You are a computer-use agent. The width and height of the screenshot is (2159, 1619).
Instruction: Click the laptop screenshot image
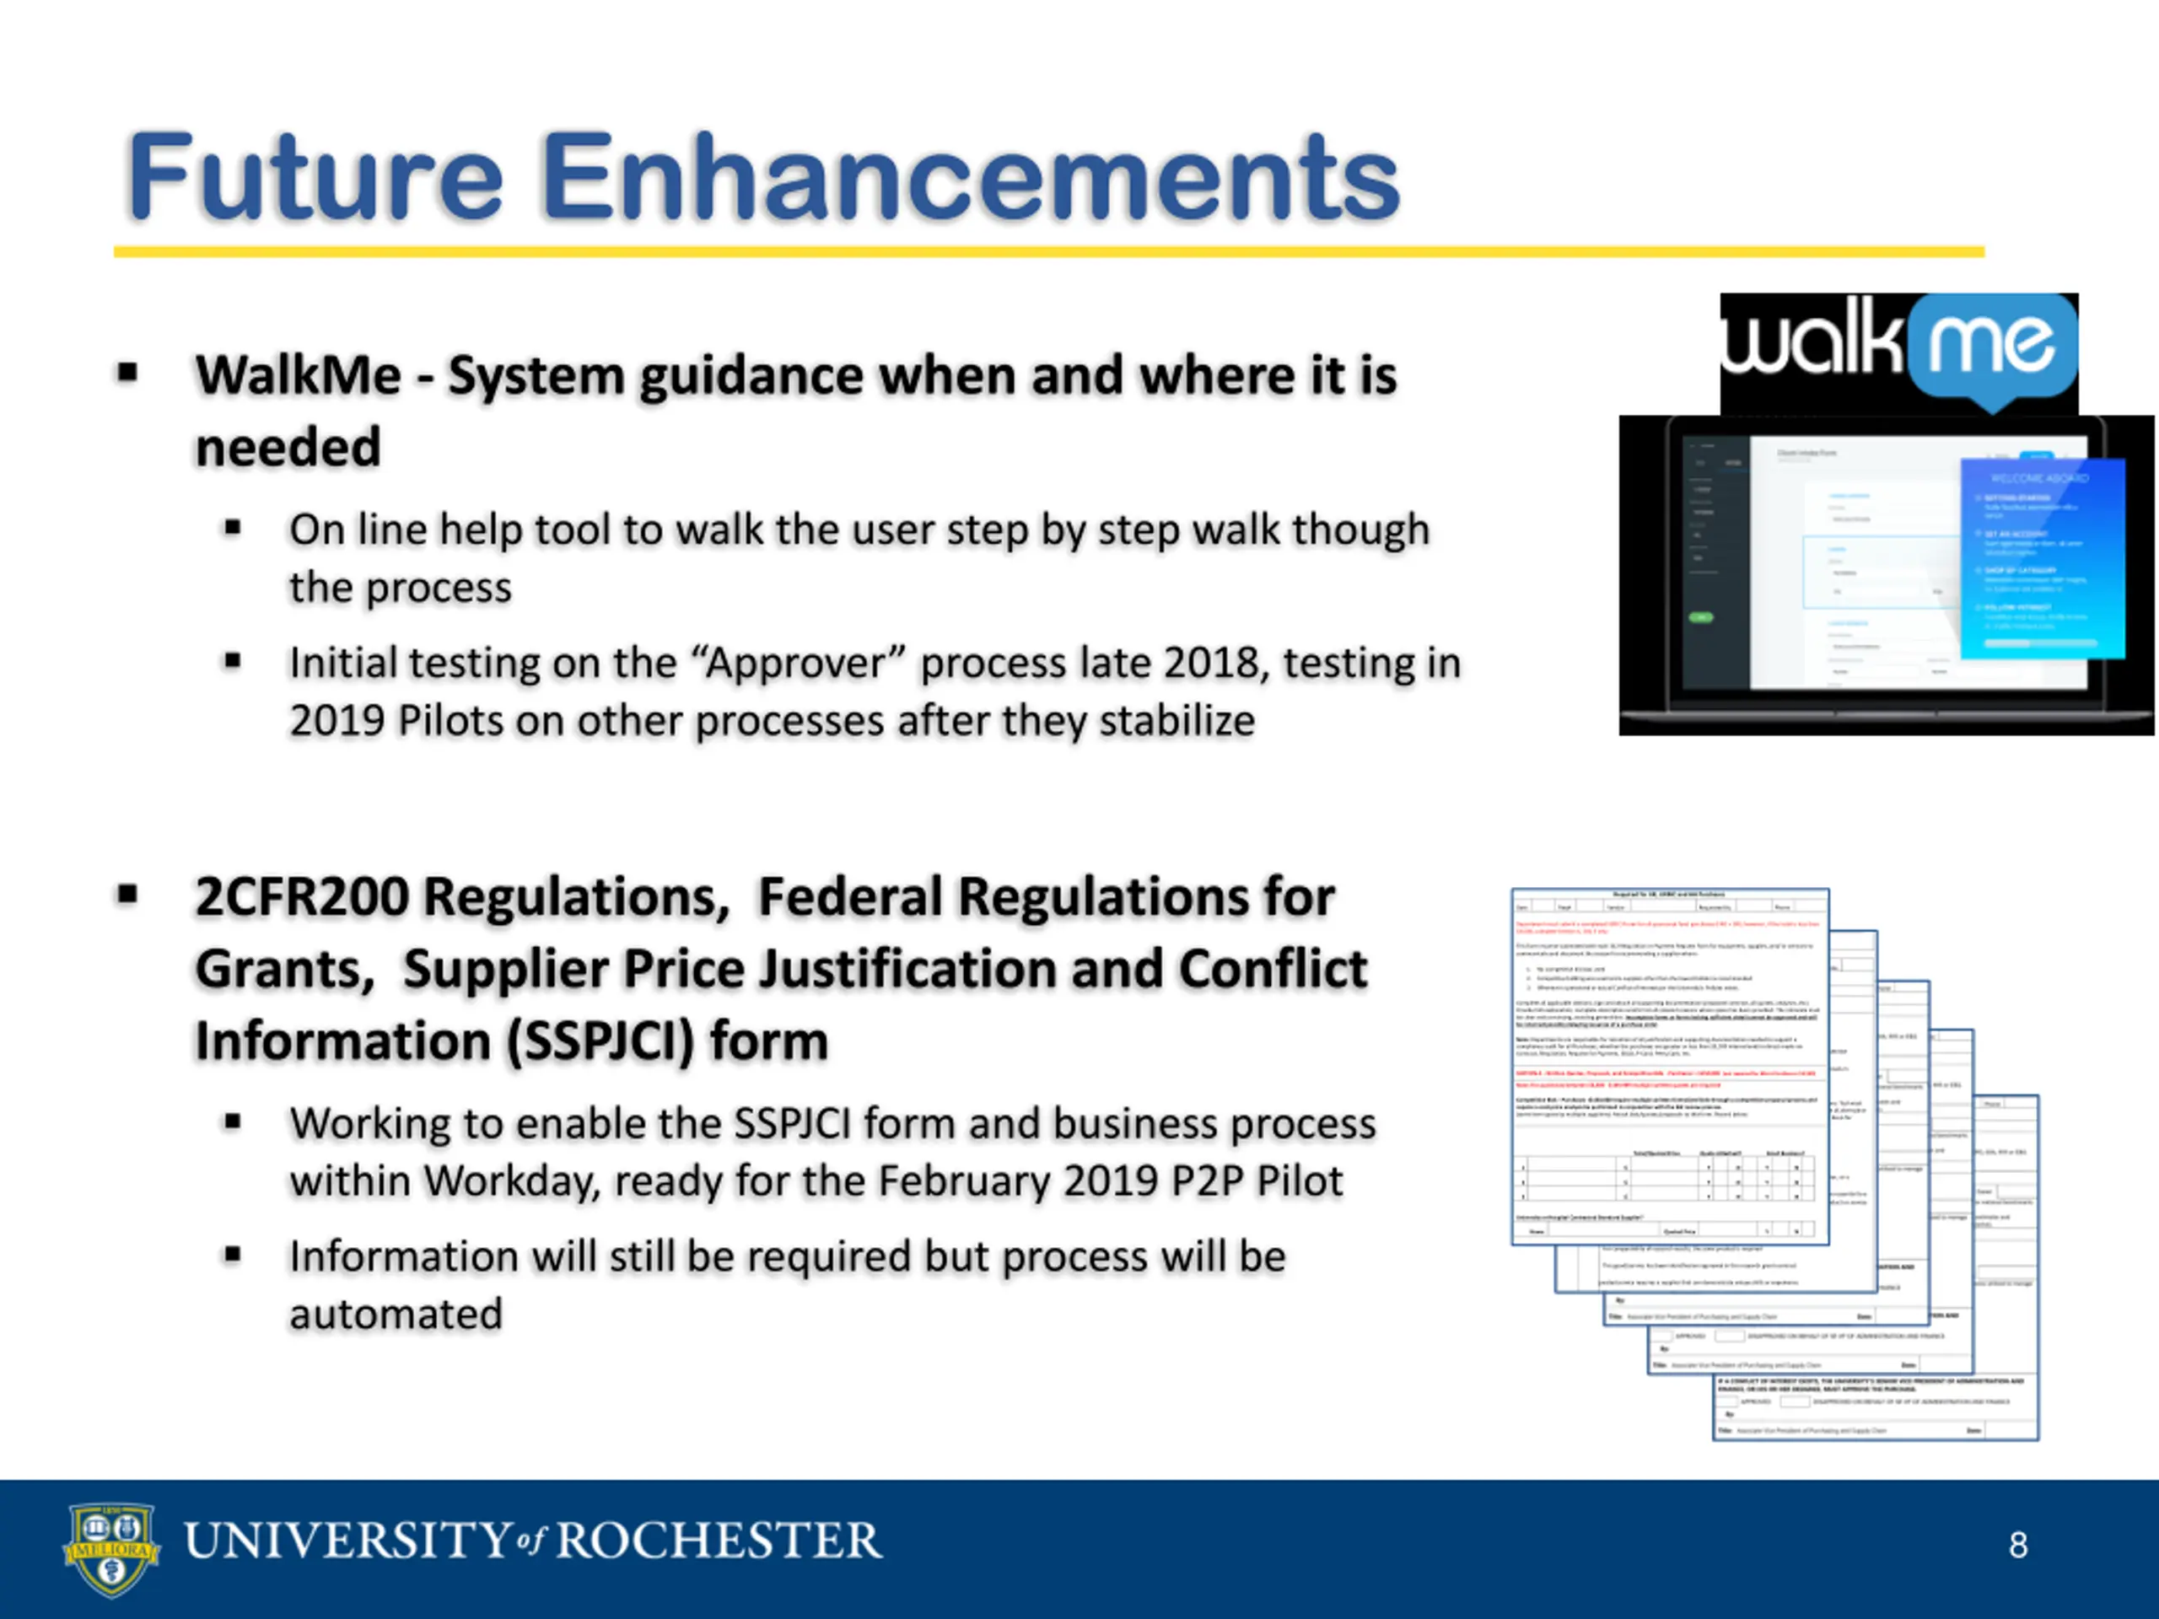click(x=1886, y=576)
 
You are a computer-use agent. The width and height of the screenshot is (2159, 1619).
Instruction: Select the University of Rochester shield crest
click(x=111, y=1549)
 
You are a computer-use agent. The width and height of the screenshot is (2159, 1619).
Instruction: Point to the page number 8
click(x=2018, y=1545)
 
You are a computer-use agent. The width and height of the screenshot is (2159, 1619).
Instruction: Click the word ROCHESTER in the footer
click(x=719, y=1541)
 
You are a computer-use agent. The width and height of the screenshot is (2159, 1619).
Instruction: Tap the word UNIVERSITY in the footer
click(x=347, y=1541)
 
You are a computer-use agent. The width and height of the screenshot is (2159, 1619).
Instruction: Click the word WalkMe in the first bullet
click(x=298, y=376)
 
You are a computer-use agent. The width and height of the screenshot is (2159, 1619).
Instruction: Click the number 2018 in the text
click(x=1215, y=664)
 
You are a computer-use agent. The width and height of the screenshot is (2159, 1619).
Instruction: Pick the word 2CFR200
click(x=302, y=897)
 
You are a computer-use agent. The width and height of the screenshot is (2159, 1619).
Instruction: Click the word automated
click(x=396, y=1315)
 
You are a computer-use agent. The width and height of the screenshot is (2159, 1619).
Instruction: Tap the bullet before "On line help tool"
click(x=232, y=529)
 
